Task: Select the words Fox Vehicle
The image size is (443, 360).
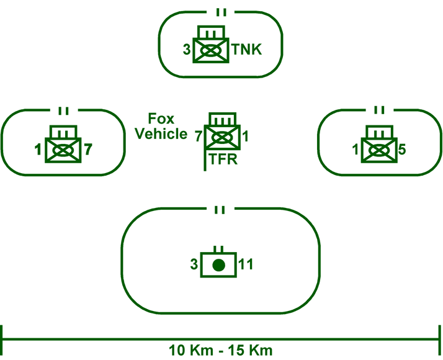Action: (161, 126)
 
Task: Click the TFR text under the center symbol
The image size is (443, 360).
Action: (223, 160)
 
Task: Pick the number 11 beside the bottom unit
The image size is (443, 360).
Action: (246, 265)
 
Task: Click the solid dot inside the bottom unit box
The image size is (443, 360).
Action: (217, 266)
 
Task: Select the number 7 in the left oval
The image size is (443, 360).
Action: (88, 149)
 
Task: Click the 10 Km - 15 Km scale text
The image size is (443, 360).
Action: (221, 350)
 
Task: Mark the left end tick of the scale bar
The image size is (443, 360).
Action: (3, 340)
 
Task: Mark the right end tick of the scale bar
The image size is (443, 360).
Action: (440, 340)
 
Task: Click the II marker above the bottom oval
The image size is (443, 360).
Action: (218, 210)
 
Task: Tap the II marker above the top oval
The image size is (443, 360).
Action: (221, 12)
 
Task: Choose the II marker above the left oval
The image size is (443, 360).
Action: (63, 111)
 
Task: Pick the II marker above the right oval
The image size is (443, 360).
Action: (378, 110)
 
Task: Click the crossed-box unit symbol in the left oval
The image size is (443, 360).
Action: (63, 150)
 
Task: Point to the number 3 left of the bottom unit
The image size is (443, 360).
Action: (194, 265)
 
